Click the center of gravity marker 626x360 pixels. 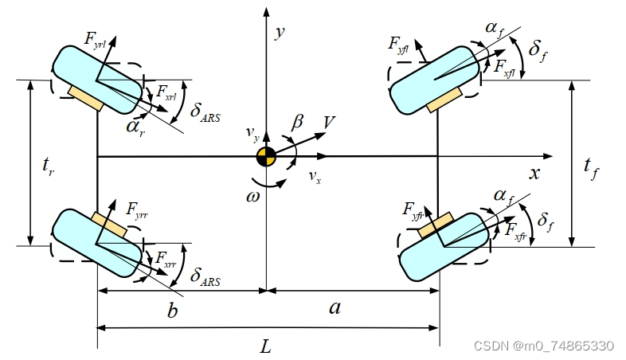266,157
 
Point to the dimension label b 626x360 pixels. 171,310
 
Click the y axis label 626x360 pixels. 280,33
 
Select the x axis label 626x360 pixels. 534,173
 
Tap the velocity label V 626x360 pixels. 329,122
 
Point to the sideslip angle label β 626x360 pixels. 298,122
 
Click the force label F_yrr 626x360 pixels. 139,209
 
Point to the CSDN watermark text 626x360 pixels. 544,346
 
